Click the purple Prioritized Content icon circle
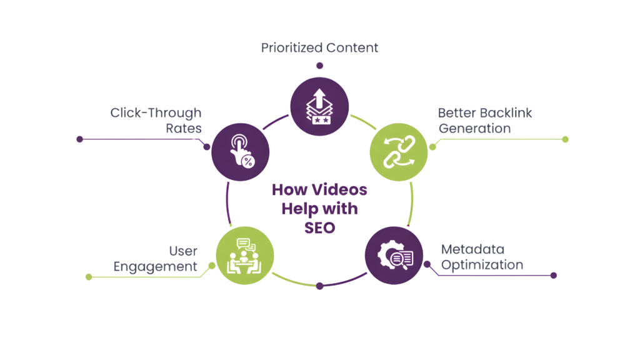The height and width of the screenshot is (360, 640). [320, 106]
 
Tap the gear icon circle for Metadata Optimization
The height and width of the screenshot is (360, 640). [394, 256]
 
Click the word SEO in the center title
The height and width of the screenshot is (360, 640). [319, 227]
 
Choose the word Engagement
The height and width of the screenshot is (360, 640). [155, 266]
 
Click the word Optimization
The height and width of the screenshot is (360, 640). [482, 265]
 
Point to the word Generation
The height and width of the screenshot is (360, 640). [475, 128]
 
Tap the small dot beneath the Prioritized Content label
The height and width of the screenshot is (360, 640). [320, 65]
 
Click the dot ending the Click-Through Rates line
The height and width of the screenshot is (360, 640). [79, 139]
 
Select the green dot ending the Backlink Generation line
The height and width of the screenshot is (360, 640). [565, 139]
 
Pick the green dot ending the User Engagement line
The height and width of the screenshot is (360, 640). [88, 276]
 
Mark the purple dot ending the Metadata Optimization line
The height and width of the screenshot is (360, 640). [553, 275]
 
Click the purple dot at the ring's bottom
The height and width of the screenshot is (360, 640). [320, 286]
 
